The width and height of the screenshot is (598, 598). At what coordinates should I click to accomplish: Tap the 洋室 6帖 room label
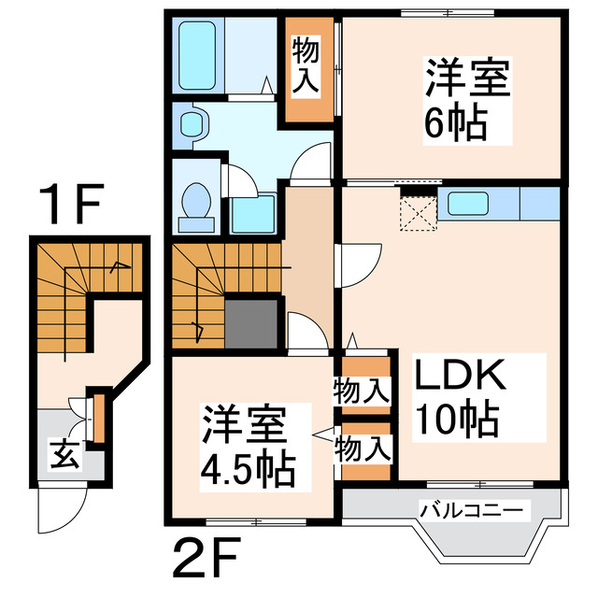(x=468, y=101)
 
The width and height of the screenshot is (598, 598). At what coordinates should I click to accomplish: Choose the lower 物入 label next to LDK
(x=362, y=449)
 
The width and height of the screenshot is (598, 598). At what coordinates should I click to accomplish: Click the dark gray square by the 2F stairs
(x=252, y=323)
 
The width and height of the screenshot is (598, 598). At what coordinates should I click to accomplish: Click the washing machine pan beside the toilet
(x=253, y=214)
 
